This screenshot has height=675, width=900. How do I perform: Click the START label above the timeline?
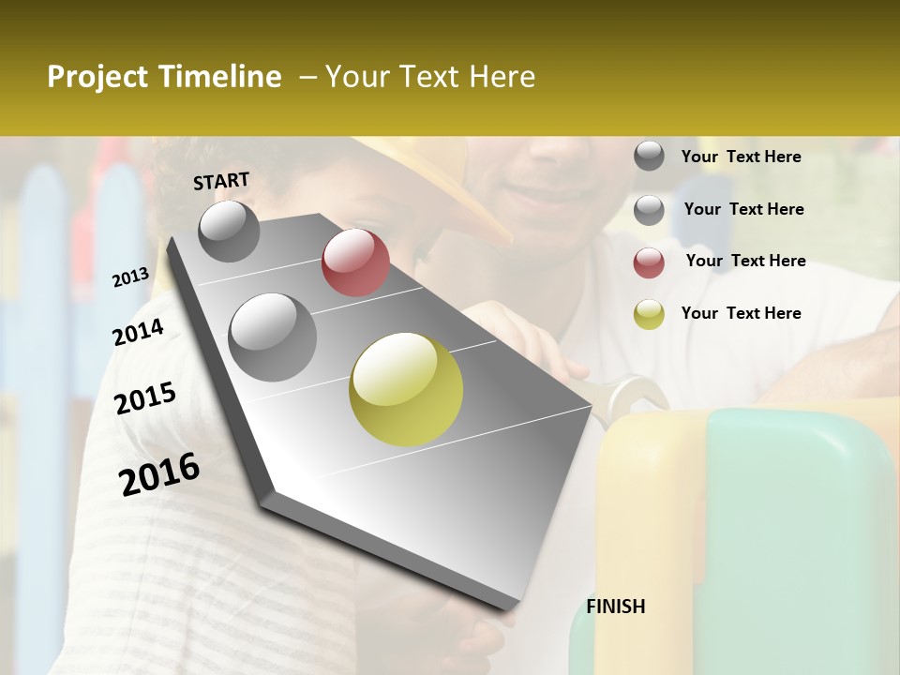(x=221, y=182)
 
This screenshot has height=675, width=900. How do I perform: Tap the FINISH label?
(x=616, y=607)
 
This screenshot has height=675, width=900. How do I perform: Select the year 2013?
(x=130, y=277)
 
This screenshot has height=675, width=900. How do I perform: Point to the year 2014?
(x=138, y=333)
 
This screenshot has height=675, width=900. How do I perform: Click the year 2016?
(x=159, y=474)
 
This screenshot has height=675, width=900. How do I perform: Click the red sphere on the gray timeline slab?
(x=355, y=262)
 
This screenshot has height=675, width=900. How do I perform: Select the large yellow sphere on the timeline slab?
(x=406, y=389)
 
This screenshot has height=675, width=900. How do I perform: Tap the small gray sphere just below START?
(x=229, y=232)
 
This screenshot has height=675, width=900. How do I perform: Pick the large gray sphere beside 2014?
(x=272, y=337)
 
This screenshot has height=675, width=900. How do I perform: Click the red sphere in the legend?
(x=649, y=262)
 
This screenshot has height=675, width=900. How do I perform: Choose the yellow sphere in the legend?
(x=649, y=315)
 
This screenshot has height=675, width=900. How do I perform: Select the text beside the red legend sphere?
(x=745, y=261)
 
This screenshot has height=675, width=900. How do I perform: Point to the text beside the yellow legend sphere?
(x=741, y=313)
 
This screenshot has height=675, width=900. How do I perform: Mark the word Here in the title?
(x=502, y=77)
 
